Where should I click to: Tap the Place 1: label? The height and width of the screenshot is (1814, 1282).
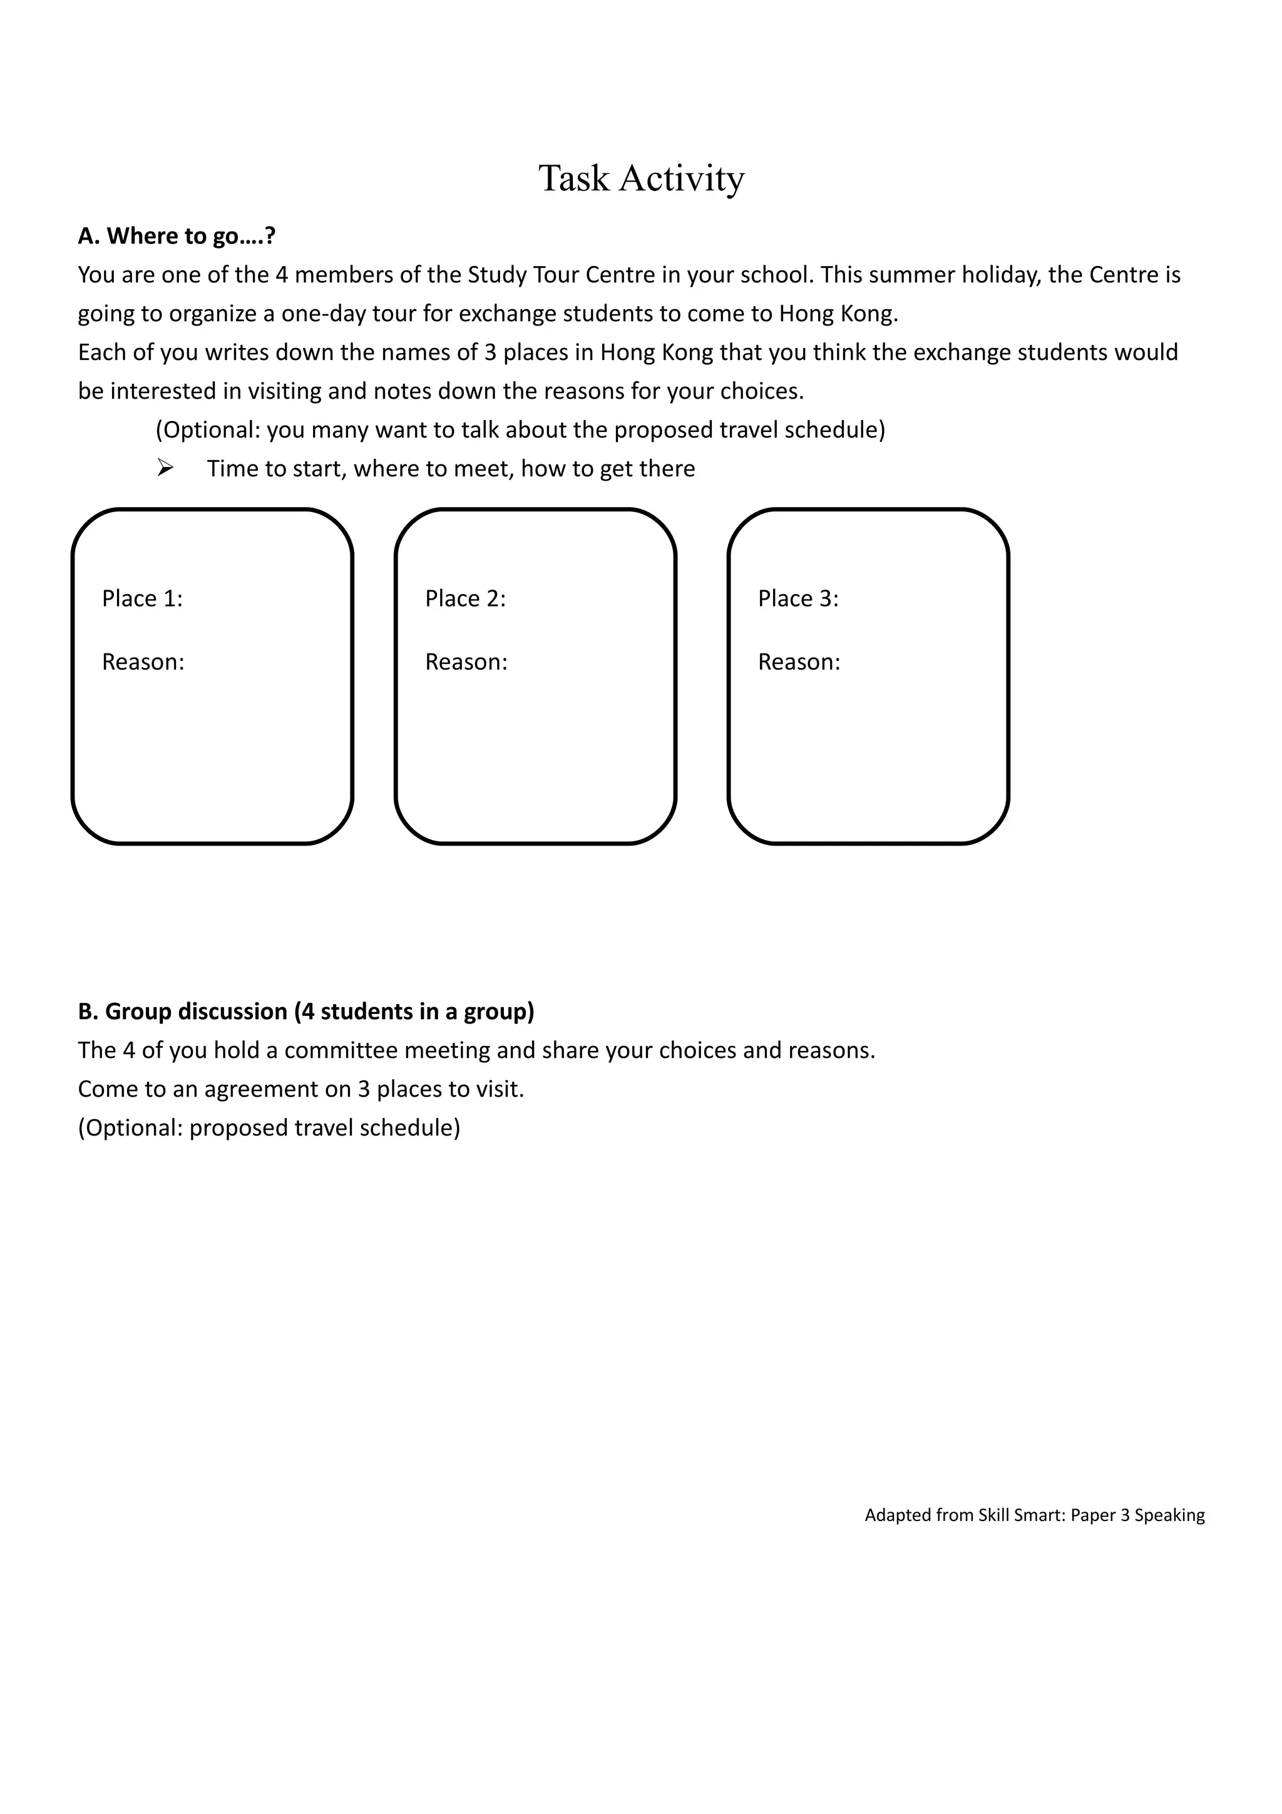[142, 599]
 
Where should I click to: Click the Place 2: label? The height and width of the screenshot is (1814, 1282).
[465, 599]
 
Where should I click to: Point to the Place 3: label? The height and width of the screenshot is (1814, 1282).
[797, 599]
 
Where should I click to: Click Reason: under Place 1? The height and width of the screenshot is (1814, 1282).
[143, 662]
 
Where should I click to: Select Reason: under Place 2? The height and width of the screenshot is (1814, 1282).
[466, 662]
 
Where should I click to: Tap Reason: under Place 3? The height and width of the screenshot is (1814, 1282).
[799, 662]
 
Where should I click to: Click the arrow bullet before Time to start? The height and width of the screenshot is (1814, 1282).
[165, 468]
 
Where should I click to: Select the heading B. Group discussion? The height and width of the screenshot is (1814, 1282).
[305, 1012]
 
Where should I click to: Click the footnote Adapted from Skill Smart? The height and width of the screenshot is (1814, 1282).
[1034, 1515]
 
